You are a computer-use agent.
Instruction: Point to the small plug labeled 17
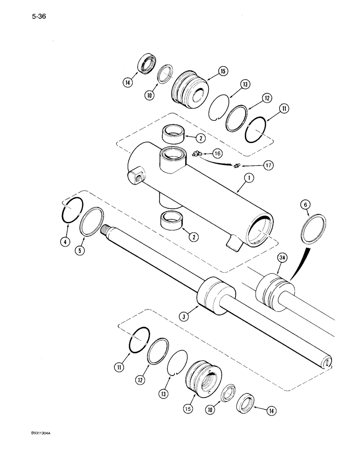point(237,165)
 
